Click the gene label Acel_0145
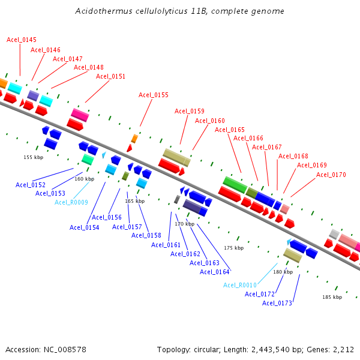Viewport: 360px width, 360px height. pyautogui.click(x=21, y=40)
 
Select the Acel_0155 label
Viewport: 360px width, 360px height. pyautogui.click(x=154, y=95)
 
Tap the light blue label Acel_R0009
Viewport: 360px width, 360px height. pyautogui.click(x=71, y=202)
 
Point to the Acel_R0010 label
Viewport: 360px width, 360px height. pyautogui.click(x=240, y=285)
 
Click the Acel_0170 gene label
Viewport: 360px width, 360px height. pyautogui.click(x=331, y=175)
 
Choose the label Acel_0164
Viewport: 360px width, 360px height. pyautogui.click(x=215, y=272)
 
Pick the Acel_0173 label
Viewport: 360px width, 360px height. pyautogui.click(x=277, y=303)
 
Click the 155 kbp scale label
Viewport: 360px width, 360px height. pyautogui.click(x=33, y=157)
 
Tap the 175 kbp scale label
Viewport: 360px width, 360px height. pyautogui.click(x=234, y=248)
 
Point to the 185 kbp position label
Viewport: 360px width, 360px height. pyautogui.click(x=332, y=297)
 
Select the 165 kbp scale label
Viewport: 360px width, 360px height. pyautogui.click(x=134, y=201)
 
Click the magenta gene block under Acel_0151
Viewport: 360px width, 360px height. pyautogui.click(x=80, y=115)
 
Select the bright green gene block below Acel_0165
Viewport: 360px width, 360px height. pyautogui.click(x=235, y=184)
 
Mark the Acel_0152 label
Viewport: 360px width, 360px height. pyautogui.click(x=31, y=185)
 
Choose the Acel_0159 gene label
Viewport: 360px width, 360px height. pyautogui.click(x=190, y=111)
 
